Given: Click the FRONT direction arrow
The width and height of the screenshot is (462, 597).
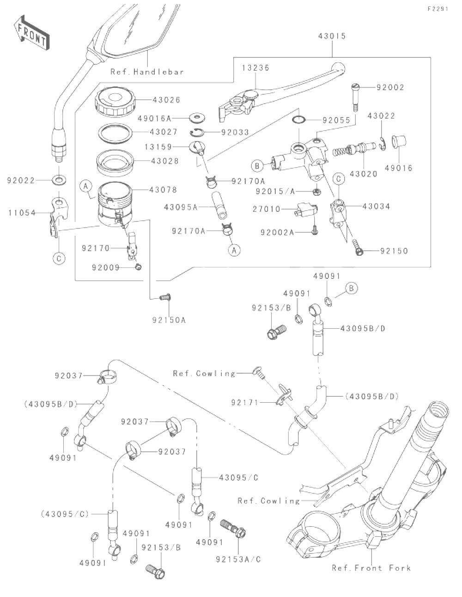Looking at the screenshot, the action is coord(32,33).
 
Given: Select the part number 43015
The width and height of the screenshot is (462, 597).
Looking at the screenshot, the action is coord(332,36).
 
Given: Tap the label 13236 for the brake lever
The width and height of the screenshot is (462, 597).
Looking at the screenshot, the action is coord(255,68).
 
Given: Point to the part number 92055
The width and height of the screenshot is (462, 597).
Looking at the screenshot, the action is coord(336,120).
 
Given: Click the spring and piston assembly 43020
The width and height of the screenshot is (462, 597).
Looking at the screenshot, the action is coord(354,148).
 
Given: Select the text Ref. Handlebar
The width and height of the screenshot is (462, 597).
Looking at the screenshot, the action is coord(147,72).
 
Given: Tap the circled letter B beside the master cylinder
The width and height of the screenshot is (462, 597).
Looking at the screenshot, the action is coord(257,166).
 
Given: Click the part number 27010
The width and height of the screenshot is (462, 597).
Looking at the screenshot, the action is coord(267,209).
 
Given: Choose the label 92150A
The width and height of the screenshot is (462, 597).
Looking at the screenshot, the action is coord(169,320).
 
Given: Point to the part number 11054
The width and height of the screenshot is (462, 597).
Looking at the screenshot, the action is coord(22,213).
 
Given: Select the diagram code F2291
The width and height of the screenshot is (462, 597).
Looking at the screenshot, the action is coord(438,9).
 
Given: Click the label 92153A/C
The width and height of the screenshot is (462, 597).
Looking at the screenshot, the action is coord(238,559).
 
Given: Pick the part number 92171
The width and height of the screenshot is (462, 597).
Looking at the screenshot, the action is coord(245,402).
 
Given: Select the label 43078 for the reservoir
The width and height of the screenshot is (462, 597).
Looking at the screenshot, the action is coord(163,190).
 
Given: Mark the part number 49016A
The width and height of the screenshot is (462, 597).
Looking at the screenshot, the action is coord(154,119).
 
